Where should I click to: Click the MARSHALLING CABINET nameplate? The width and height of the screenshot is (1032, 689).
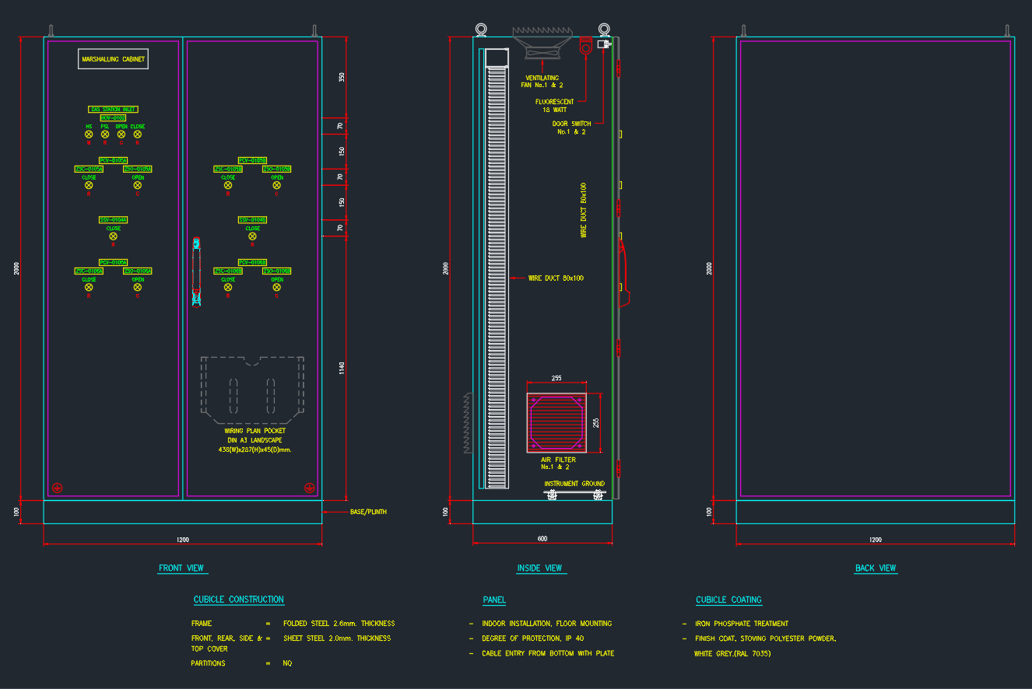[x=113, y=59]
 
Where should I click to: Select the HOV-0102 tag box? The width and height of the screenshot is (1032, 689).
[x=113, y=117]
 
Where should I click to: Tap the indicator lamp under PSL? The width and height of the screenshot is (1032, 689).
[x=105, y=135]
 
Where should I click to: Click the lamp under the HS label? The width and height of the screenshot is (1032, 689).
[x=89, y=135]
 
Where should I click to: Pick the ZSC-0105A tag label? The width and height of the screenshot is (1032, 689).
[x=89, y=169]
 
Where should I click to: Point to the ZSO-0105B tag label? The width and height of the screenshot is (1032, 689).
[x=276, y=169]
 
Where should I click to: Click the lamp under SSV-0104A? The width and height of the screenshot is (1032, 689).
[x=113, y=236]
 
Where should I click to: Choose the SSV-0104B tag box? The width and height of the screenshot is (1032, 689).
[x=252, y=220]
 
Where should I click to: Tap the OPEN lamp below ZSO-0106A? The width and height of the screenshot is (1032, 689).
[x=138, y=287]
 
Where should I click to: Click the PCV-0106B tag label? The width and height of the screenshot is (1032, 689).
[x=252, y=263]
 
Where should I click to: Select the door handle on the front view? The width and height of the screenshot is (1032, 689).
[x=196, y=272]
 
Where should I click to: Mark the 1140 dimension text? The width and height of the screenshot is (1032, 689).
[x=341, y=368]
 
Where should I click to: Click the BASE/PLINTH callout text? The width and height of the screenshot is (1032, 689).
[x=368, y=512]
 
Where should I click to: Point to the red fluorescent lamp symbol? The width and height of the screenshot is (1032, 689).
[x=585, y=47]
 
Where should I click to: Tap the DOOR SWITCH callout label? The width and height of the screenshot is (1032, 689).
[x=571, y=124]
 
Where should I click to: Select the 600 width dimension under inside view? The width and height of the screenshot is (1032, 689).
[x=542, y=538]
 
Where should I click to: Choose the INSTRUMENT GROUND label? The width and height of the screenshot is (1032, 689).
[x=574, y=484]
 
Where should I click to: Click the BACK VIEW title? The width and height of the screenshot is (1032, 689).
[x=876, y=568]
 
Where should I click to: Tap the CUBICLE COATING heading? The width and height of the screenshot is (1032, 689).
[x=728, y=600]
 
